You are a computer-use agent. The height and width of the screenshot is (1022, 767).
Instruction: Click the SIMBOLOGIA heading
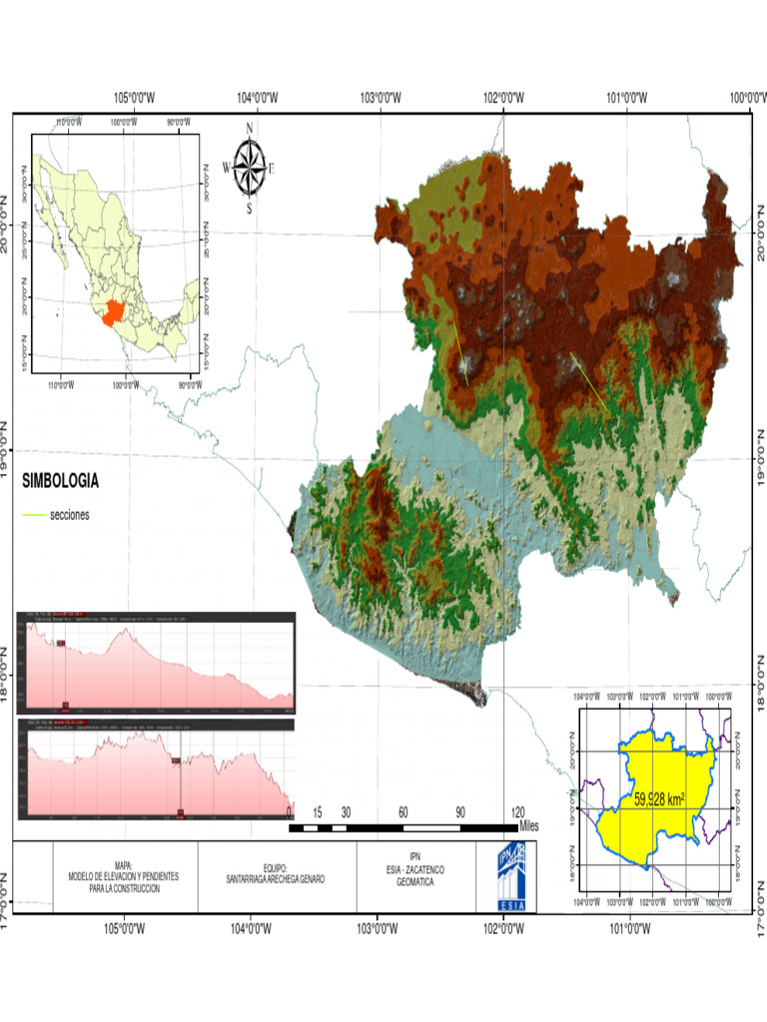point(60,481)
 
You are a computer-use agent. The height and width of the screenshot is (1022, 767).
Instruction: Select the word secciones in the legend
point(69,515)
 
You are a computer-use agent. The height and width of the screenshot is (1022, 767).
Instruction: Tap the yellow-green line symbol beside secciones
point(34,515)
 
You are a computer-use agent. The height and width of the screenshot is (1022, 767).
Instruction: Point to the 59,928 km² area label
point(659,799)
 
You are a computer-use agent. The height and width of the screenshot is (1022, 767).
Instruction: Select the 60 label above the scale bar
point(403,811)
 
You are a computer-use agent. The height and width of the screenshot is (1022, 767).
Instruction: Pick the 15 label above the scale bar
point(318,811)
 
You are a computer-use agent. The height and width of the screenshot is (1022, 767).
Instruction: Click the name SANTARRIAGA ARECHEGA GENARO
point(276,879)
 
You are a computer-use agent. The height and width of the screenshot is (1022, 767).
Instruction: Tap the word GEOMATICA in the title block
point(414,883)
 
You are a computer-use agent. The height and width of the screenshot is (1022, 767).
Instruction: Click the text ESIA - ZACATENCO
point(414,871)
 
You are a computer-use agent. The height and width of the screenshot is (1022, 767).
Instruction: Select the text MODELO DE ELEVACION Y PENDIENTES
point(124,876)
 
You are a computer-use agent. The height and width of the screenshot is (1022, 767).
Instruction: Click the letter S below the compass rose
point(250,210)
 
